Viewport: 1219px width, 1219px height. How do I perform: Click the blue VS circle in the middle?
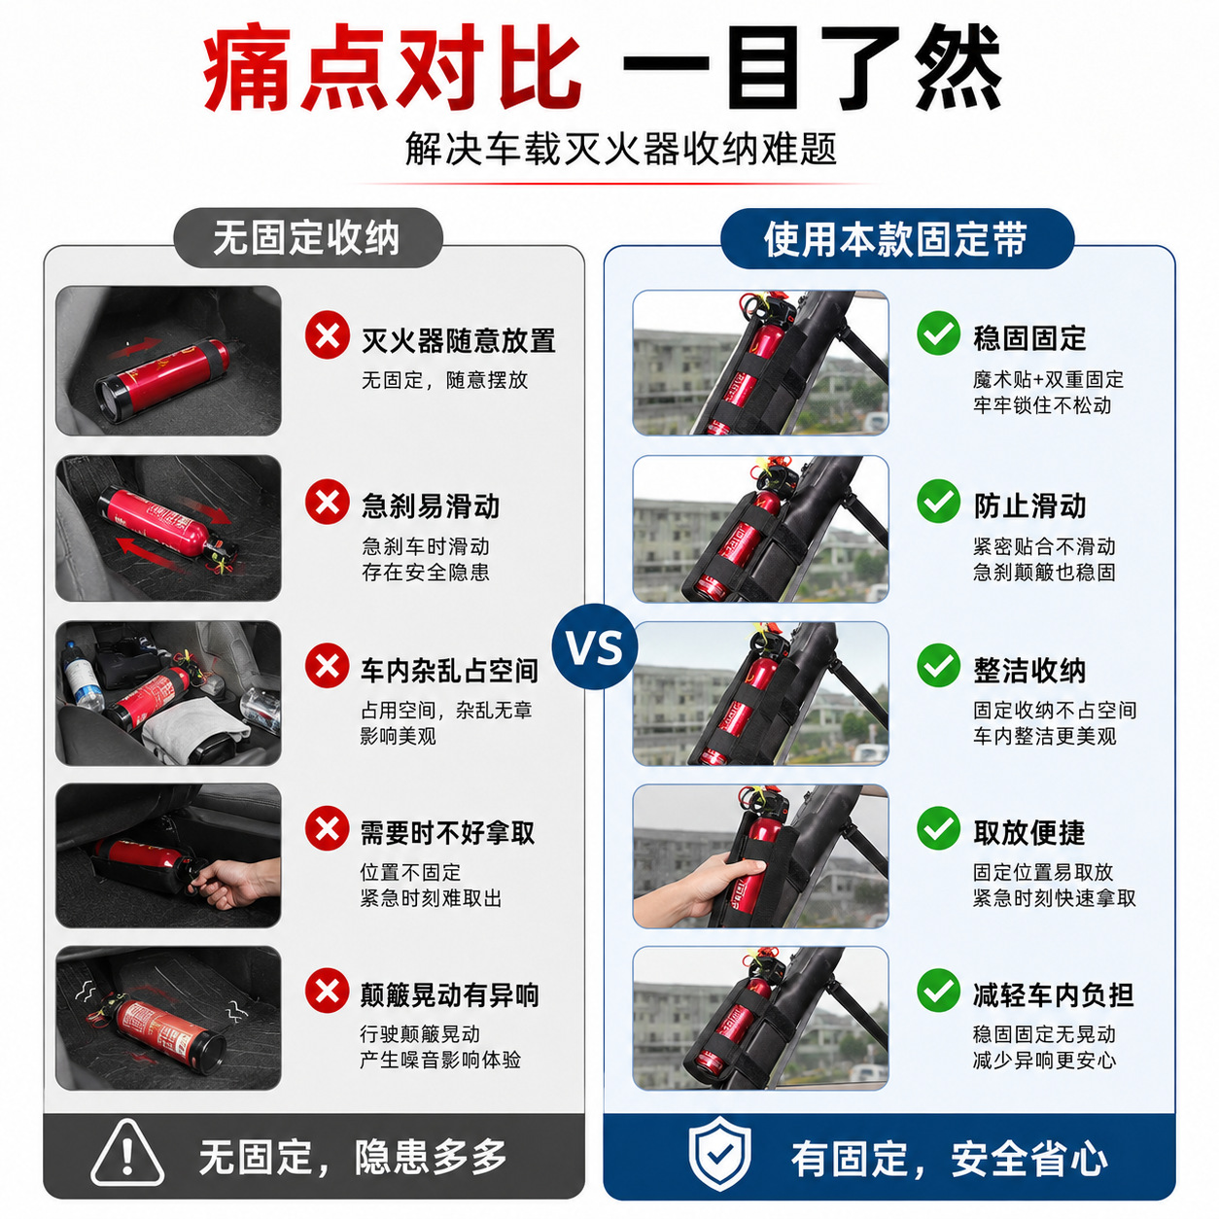pos(595,646)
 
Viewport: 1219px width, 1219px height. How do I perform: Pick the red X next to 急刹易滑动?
pos(327,502)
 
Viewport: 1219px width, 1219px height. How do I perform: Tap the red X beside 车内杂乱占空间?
pos(327,666)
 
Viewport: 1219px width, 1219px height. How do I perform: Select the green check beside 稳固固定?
pos(939,332)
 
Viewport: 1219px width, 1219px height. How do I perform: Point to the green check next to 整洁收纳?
pos(939,666)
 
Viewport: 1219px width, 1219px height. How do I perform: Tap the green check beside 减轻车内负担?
pos(939,991)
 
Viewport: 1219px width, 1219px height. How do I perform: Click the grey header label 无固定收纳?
pos(307,238)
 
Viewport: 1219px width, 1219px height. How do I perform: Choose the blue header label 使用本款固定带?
pos(896,239)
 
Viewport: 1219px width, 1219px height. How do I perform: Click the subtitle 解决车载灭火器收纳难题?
pos(620,150)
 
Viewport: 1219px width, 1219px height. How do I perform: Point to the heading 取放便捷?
pos(1029,832)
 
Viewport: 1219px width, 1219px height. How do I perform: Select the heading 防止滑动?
pos(1029,506)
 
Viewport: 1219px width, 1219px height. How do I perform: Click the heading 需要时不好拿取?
pos(448,832)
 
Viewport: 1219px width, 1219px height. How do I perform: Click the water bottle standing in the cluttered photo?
pos(81,675)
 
